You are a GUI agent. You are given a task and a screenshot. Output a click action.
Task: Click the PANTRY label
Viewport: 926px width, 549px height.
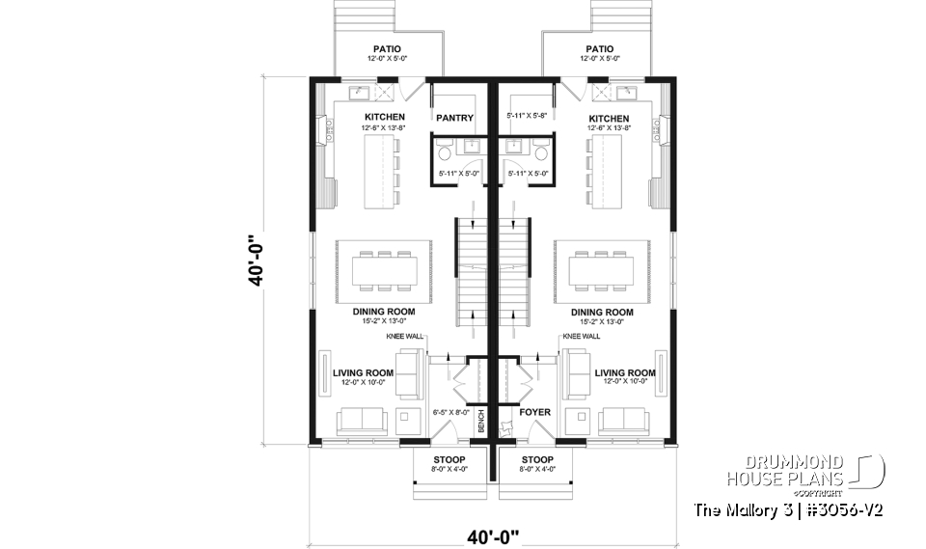[x=454, y=118]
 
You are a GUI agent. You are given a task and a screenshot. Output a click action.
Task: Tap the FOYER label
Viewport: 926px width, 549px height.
[x=535, y=412]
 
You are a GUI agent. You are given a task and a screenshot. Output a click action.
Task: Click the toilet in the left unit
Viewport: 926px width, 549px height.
[x=445, y=152]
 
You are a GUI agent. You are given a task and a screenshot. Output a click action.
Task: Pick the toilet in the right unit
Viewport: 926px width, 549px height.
[x=541, y=152]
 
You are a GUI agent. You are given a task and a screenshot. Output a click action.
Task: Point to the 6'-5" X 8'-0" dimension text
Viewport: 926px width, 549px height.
[x=450, y=412]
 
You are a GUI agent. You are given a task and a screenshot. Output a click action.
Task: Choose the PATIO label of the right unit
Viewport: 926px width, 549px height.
[x=599, y=49]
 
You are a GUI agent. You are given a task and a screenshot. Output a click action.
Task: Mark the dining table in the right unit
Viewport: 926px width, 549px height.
[x=600, y=271]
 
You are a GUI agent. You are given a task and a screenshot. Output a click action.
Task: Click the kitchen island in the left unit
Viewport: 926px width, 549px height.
[x=381, y=172]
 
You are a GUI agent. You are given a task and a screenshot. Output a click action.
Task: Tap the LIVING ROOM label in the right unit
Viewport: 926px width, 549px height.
[x=625, y=372]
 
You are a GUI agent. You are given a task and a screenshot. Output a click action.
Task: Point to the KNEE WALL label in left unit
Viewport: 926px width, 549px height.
[x=405, y=337]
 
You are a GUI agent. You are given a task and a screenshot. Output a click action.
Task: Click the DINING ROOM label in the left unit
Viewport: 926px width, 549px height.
[x=383, y=312]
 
